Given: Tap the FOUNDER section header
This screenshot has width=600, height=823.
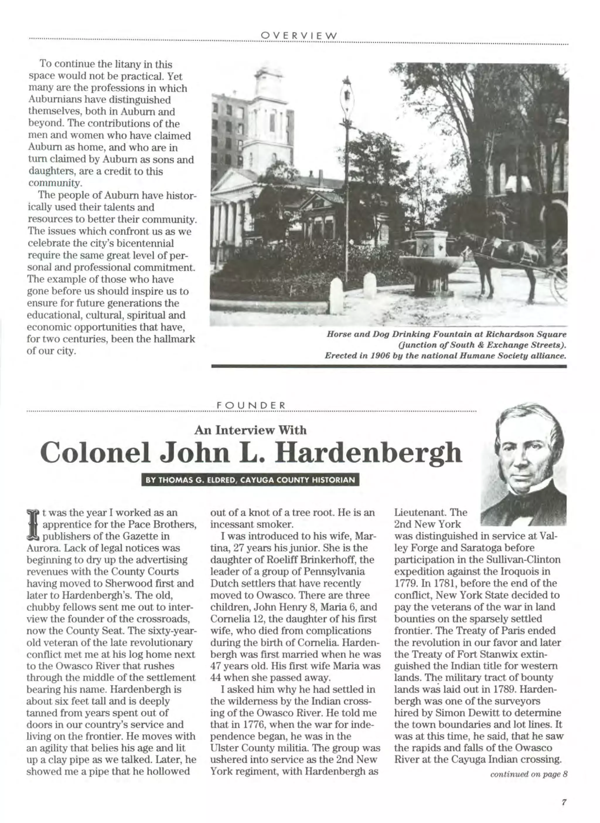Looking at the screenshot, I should point(251,405).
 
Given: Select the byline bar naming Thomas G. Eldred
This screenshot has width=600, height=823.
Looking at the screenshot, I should point(250,480).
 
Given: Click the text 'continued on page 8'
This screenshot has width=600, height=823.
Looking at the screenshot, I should point(529,774).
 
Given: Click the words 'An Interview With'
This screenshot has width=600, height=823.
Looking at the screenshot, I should point(250,430).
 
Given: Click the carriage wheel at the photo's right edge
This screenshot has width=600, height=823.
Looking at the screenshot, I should point(560,284).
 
